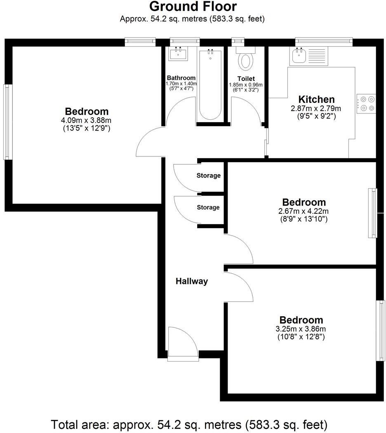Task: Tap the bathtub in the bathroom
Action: tap(211, 85)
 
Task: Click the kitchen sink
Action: tap(298, 55)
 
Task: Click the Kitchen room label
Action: tap(316, 99)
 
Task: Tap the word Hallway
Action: tap(192, 282)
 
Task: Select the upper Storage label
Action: tap(208, 175)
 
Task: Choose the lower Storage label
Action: tap(208, 207)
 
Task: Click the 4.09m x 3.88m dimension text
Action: tap(87, 120)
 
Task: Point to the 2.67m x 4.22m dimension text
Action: tap(304, 211)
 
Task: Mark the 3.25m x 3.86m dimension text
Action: tap(301, 329)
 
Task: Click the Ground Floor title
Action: tap(193, 7)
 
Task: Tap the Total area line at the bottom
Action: tap(189, 424)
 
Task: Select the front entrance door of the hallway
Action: tap(183, 342)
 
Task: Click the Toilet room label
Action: tap(246, 78)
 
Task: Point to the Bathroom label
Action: tap(181, 78)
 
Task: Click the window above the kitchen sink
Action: tap(324, 41)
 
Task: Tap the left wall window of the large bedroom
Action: tap(7, 122)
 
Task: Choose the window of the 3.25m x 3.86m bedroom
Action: tap(379, 331)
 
